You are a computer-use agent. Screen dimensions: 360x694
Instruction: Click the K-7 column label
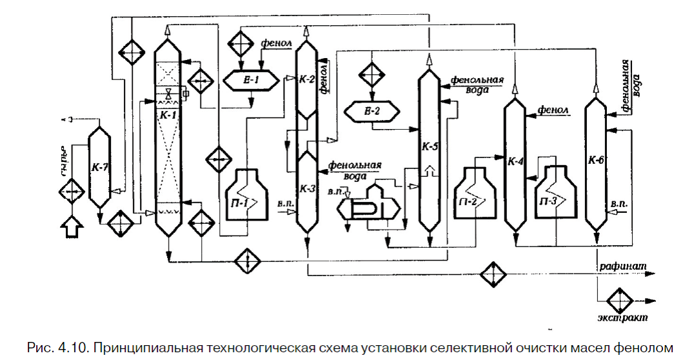pos(100,167)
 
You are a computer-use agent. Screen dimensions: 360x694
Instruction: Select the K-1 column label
pos(169,114)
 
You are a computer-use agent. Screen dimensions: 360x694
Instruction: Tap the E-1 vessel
pos(252,81)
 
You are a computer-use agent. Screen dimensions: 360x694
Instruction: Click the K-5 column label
pos(430,147)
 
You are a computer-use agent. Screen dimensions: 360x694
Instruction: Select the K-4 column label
pos(515,161)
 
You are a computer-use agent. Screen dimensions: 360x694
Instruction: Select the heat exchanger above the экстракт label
pos(622,300)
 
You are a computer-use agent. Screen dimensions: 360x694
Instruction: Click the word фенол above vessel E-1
pos(276,45)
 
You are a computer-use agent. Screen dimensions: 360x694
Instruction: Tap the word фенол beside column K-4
pos(553,110)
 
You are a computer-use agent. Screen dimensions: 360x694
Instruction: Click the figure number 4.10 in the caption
pos(65,348)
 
